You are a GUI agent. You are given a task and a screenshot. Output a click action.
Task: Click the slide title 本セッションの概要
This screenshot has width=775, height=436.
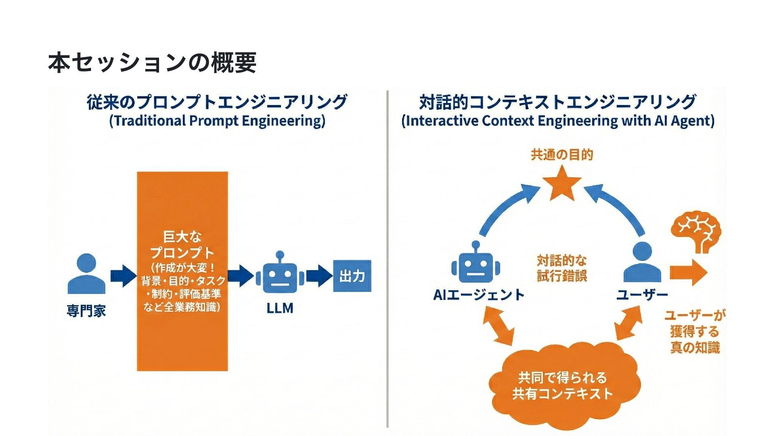152,63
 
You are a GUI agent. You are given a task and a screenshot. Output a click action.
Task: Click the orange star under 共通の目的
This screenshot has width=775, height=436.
561,184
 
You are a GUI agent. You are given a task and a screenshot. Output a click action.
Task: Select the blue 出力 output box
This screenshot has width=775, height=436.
352,276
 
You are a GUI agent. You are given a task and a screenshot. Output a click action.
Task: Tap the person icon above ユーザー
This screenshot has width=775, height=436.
642,263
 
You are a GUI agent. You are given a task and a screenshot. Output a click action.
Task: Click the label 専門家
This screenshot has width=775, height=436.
86,311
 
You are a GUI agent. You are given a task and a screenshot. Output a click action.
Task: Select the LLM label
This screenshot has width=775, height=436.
280,308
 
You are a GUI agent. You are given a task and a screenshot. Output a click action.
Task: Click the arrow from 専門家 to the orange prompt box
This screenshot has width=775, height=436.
123,276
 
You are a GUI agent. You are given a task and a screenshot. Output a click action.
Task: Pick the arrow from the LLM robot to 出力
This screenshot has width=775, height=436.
319,276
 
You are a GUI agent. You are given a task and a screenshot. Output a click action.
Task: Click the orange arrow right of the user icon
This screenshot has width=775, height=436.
688,272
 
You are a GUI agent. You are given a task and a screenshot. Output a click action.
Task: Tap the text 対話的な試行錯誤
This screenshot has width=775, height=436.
561,268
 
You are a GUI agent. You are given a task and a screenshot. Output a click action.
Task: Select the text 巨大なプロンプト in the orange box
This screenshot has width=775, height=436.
182,245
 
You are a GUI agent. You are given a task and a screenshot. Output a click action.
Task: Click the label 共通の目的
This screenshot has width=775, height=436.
561,155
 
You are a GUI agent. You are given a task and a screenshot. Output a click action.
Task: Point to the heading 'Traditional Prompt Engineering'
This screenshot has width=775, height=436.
217,121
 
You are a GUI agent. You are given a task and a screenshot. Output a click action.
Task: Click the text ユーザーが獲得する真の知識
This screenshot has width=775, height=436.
694,331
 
